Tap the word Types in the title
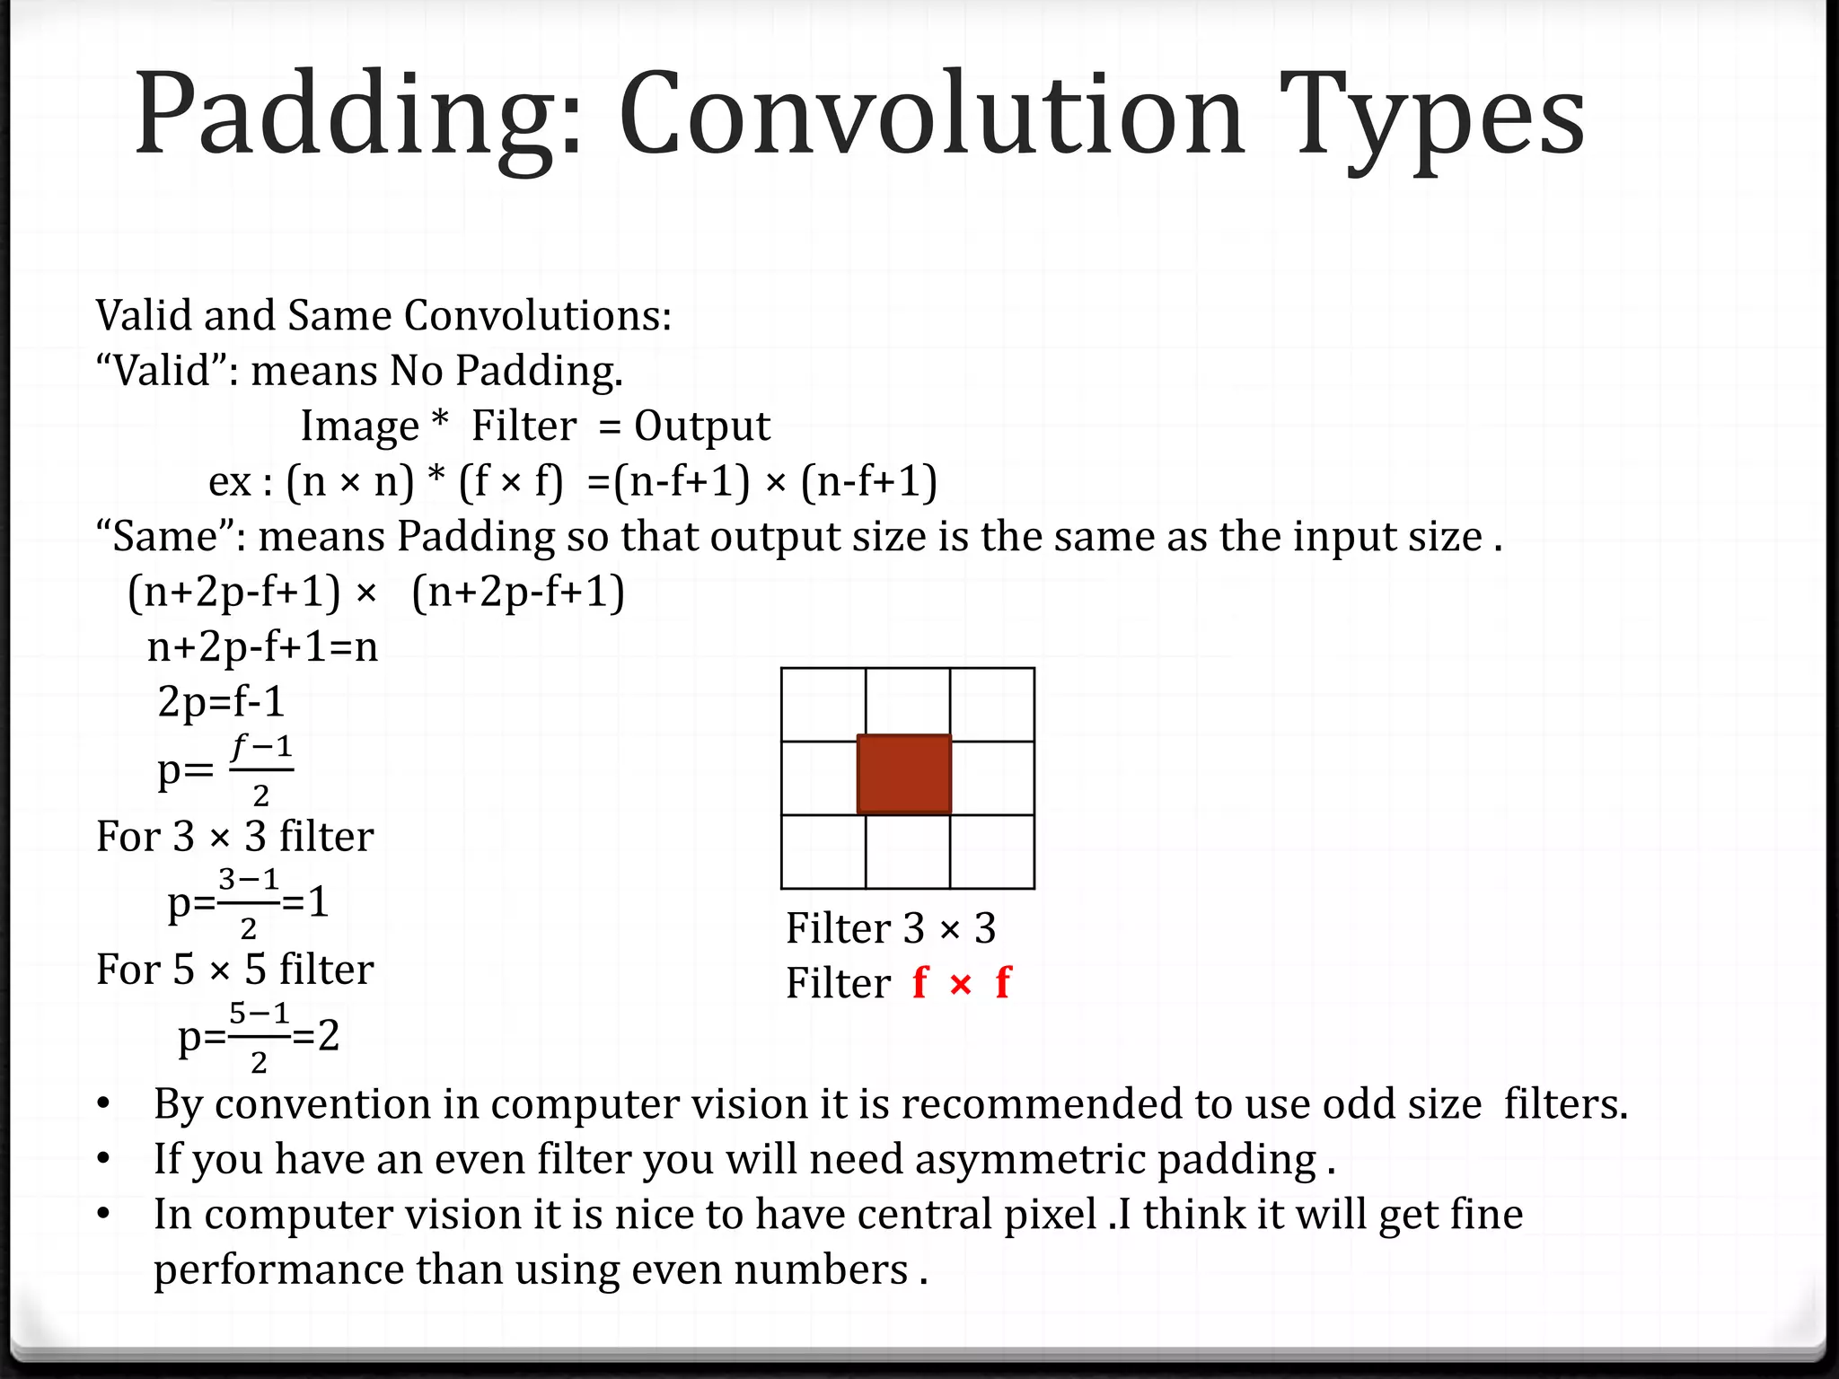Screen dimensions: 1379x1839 1432,117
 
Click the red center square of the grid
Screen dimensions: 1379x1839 904,774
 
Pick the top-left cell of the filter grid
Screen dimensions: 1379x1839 823,705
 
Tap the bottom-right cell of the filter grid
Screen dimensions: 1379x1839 992,852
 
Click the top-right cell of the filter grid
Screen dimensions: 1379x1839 992,705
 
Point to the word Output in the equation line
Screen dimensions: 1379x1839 702,426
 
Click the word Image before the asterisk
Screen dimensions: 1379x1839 359,426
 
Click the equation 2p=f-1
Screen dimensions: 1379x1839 221,701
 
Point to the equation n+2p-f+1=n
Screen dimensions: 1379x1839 262,646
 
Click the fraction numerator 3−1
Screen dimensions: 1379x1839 249,878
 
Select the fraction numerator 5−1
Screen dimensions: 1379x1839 259,1013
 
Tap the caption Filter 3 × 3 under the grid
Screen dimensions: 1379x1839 891,928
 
